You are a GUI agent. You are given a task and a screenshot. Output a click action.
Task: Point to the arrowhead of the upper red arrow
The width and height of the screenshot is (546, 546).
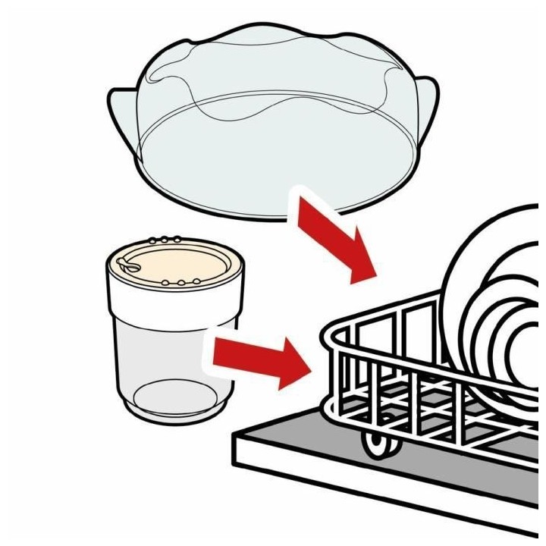[360, 262]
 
